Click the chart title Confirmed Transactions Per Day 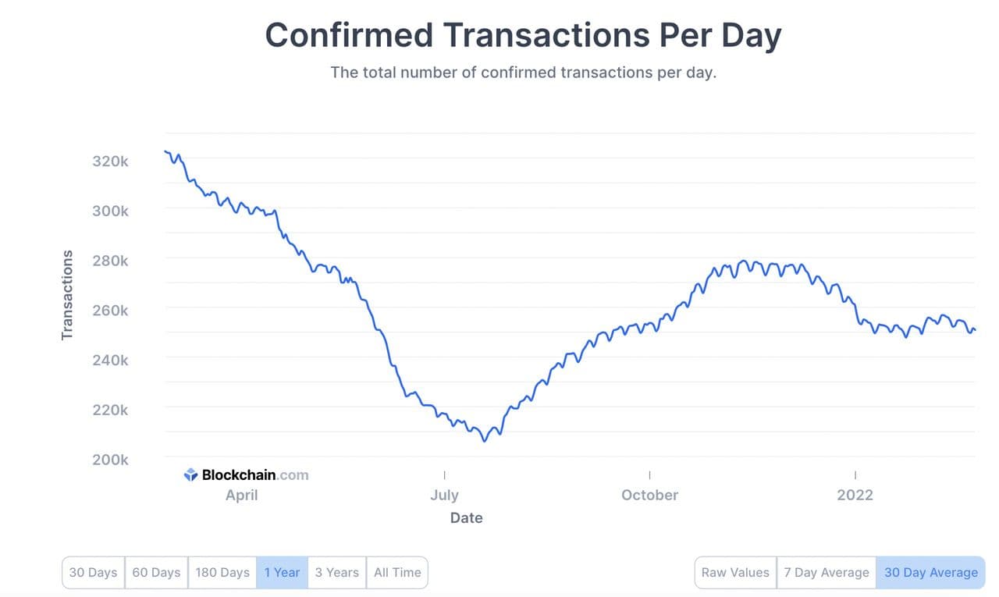click(523, 36)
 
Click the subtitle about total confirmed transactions click(523, 73)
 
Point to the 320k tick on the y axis click(109, 162)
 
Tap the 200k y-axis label click(109, 460)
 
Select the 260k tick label click(109, 311)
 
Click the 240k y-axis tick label click(109, 360)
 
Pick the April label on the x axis click(241, 495)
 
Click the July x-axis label click(444, 495)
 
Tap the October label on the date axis click(649, 495)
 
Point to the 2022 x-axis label click(855, 495)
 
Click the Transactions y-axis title click(67, 295)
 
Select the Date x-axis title click(466, 517)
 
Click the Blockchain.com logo click(247, 474)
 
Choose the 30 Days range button click(93, 572)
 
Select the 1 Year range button click(282, 572)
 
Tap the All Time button click(396, 572)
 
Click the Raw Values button click(735, 572)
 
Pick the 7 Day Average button click(826, 572)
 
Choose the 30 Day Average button click(930, 572)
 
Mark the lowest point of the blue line click(484, 441)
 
